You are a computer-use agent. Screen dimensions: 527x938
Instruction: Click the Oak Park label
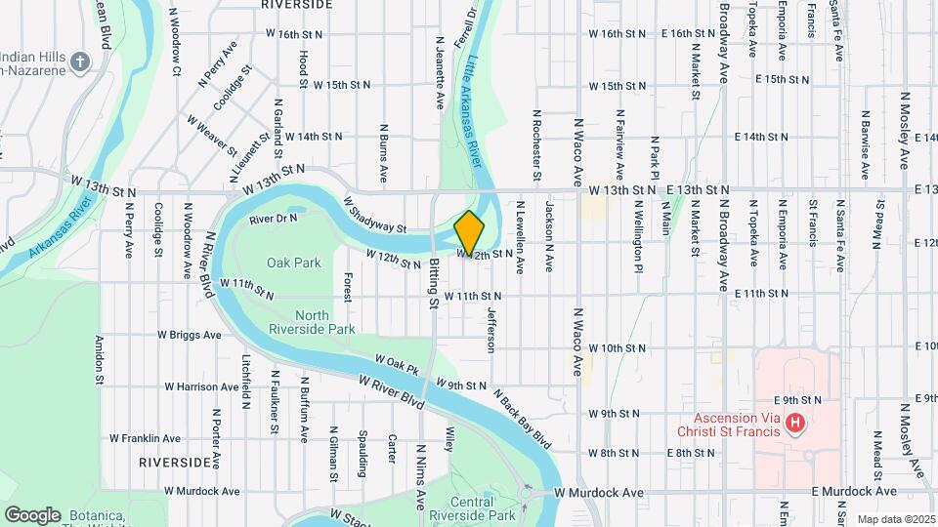294,263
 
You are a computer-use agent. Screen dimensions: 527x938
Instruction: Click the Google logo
32,515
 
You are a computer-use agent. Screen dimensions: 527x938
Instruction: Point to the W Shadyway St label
375,215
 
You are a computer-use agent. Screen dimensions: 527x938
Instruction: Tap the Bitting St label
432,284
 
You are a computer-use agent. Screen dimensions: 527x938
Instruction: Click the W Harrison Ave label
202,386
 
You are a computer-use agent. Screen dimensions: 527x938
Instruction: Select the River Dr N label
273,219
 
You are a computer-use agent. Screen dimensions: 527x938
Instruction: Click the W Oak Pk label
396,367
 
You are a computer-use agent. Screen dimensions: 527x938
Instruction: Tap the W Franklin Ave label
145,439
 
